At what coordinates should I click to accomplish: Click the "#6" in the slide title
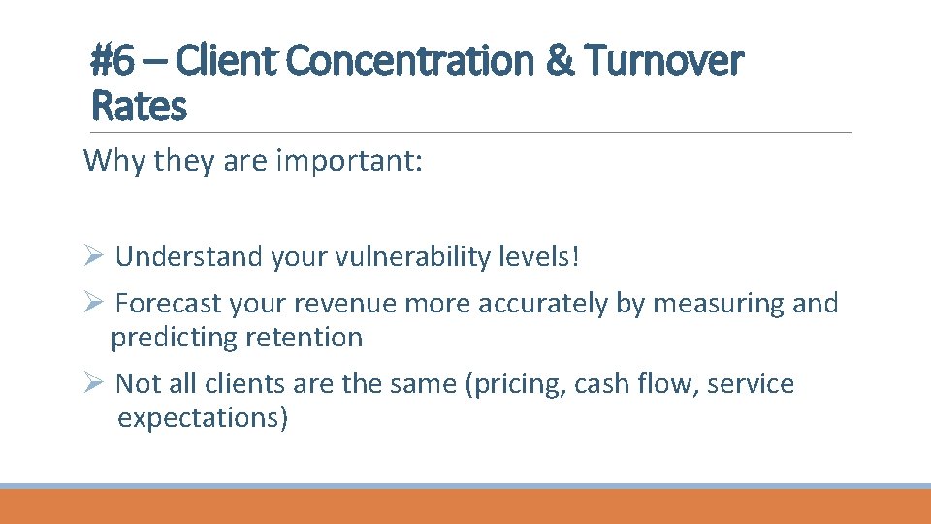coord(112,61)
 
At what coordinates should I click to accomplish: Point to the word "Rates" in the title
coord(138,106)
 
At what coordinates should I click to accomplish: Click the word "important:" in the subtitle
coord(350,160)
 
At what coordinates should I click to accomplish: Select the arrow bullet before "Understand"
coord(94,256)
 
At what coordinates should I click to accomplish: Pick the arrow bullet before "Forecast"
coord(94,303)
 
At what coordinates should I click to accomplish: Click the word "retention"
coord(305,338)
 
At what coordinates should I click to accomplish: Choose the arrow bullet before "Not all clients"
coord(94,383)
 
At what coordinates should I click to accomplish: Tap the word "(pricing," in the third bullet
coord(516,384)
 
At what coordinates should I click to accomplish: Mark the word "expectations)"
coord(203,418)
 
